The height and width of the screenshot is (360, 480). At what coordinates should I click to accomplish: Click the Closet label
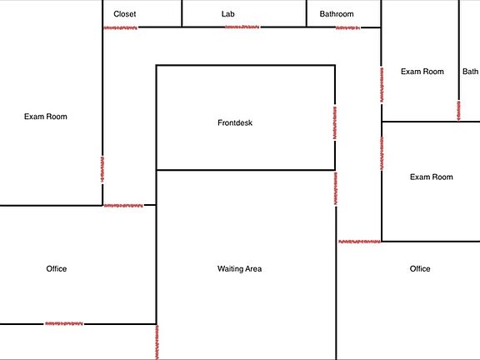[125, 14]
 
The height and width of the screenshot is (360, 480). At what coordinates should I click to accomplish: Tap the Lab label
[228, 14]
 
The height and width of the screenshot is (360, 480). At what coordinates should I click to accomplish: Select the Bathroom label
[337, 14]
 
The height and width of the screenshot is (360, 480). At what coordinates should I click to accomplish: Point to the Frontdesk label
[235, 122]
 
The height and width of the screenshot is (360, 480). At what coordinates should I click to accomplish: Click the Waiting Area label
[239, 269]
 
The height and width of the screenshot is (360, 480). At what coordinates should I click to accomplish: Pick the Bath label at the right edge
[470, 72]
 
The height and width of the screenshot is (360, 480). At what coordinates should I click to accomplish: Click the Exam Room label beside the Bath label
[422, 72]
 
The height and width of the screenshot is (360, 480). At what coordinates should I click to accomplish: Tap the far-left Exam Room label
[46, 117]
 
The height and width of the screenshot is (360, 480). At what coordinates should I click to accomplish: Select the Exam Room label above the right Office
[432, 177]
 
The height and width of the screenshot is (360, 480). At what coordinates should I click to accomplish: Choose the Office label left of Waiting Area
[57, 269]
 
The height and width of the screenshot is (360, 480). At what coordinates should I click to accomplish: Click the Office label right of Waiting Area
[420, 269]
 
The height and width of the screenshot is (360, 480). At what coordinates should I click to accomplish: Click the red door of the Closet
[120, 27]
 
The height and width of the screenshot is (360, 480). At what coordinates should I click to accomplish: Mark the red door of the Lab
[242, 27]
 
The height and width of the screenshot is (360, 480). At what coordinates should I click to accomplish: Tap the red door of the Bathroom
[347, 27]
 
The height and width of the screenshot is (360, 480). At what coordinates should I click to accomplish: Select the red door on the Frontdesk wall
[335, 122]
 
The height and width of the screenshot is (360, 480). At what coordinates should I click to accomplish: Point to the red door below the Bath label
[458, 111]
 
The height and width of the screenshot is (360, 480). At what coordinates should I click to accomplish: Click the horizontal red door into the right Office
[359, 242]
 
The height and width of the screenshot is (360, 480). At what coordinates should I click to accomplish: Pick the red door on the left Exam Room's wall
[102, 170]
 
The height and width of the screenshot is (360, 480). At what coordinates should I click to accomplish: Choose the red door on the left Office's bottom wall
[64, 323]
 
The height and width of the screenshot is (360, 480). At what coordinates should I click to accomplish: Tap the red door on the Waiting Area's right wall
[336, 188]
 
